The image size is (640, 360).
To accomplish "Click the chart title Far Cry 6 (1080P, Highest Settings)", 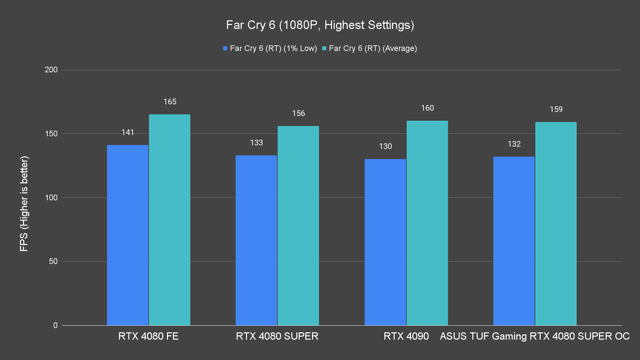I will click(320, 25).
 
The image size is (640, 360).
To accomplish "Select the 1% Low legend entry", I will click(270, 48).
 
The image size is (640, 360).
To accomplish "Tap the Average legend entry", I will click(369, 48).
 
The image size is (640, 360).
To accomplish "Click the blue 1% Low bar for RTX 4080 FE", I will click(128, 235).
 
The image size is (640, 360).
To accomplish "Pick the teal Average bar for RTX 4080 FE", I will click(170, 220).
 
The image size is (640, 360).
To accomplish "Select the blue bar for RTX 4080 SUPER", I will click(256, 240).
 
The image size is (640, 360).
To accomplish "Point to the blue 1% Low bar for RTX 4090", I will click(385, 242).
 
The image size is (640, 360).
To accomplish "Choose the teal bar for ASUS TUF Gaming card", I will click(556, 223).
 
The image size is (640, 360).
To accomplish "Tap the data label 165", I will click(170, 102).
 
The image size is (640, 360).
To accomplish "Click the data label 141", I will click(128, 132).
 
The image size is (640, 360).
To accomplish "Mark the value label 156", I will click(298, 113).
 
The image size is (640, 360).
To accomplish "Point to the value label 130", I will click(385, 146).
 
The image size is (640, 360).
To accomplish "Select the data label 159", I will click(556, 109).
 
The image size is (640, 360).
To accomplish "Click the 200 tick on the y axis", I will click(51, 70).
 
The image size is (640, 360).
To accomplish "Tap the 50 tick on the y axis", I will click(53, 261).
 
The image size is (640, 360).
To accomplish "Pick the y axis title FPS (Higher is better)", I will click(24, 203).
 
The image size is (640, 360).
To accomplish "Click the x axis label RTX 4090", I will click(406, 336).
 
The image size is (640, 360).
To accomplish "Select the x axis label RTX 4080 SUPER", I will click(277, 336).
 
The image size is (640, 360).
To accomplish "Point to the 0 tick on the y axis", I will click(55, 325).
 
